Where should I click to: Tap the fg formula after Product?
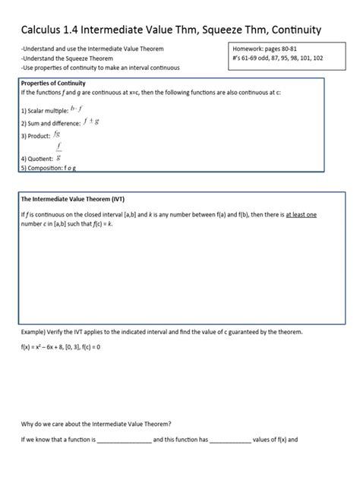click(58, 134)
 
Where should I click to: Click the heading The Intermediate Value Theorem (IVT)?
click(72, 200)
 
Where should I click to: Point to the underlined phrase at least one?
click(300, 215)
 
